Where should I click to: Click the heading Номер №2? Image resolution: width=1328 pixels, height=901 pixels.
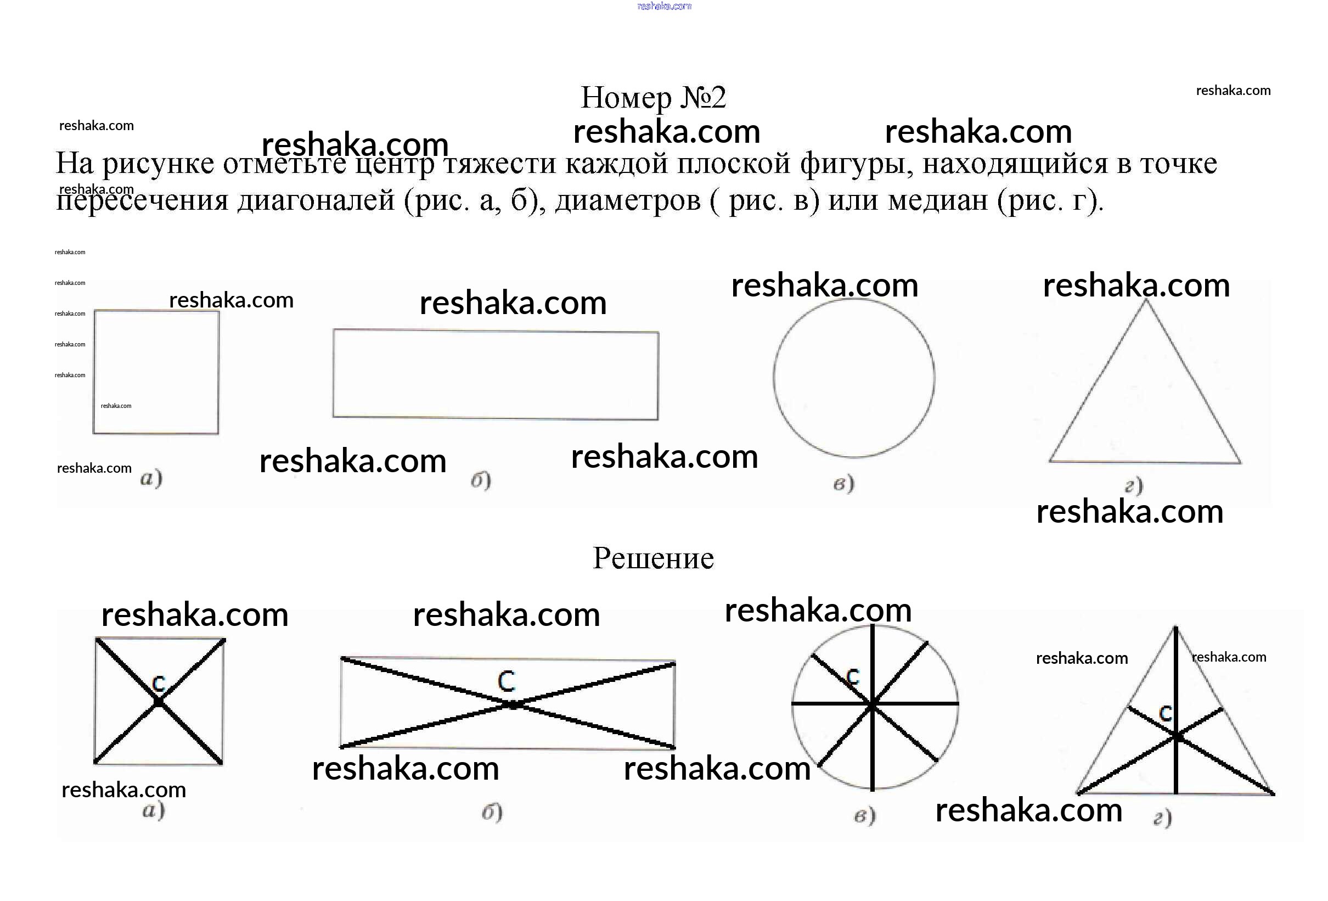point(653,97)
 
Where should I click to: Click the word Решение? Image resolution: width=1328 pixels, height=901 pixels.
point(653,558)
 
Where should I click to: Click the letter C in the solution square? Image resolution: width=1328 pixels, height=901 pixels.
point(159,682)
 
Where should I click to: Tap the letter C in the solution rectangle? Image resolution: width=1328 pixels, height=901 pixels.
point(507,681)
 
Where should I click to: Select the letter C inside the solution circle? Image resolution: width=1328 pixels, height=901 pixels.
point(853,677)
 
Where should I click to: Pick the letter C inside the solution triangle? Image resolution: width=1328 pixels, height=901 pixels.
point(1165,713)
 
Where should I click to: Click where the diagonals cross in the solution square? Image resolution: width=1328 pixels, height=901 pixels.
point(158,702)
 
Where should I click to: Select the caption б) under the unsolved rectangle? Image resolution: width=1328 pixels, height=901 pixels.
point(481,480)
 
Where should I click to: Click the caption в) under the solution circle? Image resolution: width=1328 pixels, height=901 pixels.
point(864,816)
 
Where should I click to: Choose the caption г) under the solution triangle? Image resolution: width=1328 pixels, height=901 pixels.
point(1162,819)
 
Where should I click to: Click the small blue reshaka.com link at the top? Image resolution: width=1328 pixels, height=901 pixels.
point(664,6)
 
